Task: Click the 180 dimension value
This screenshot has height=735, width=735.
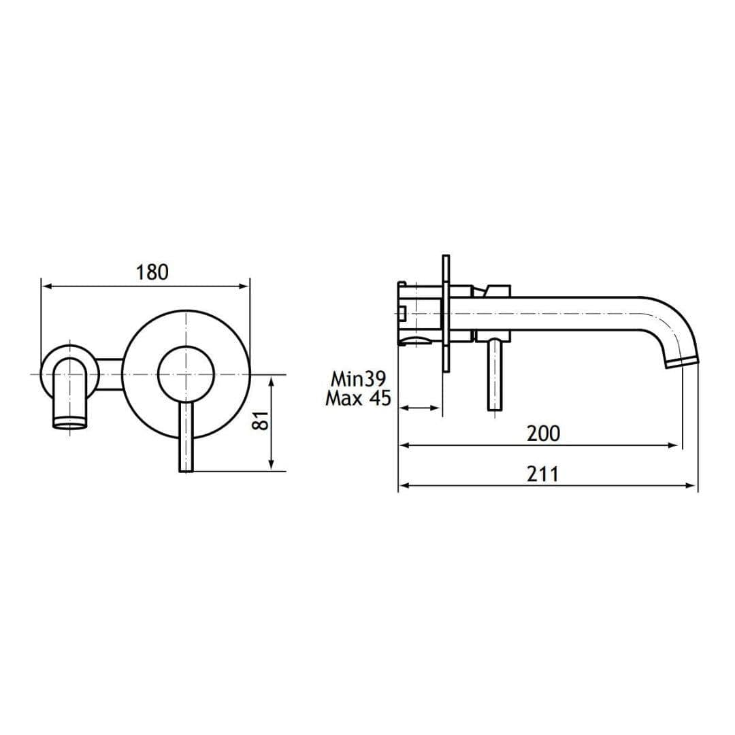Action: coord(152,272)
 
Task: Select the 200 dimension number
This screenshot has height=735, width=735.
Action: coord(543,433)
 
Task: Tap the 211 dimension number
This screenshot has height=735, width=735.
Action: coord(542,474)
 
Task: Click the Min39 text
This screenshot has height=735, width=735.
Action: coord(358,378)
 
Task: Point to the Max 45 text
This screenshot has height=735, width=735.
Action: coord(358,398)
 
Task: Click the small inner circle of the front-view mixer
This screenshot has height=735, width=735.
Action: coord(186,374)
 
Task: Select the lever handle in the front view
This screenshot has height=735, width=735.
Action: coord(186,436)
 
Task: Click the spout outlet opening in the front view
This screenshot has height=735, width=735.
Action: coord(71,425)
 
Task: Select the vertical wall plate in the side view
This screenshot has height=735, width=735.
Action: coord(446,314)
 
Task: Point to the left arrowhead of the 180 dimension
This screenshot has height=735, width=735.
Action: coord(46,287)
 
